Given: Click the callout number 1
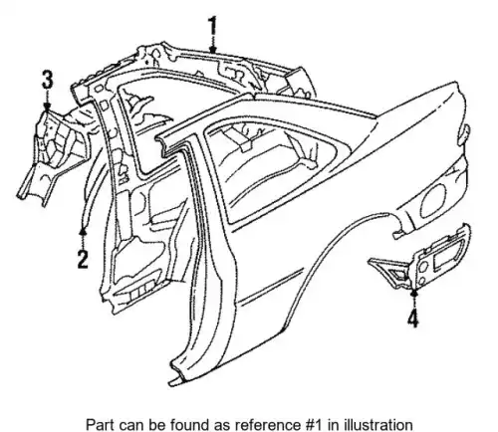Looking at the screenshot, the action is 212,26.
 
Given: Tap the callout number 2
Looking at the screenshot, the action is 83,259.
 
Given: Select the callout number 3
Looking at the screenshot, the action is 47,81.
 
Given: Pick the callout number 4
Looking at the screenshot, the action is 413,320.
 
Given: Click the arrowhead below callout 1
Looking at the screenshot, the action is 213,50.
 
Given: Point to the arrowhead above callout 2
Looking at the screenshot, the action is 83,231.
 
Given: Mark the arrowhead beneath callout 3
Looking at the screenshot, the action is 47,107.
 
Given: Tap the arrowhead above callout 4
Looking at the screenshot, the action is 413,292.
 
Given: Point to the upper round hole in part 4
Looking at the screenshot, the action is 424,267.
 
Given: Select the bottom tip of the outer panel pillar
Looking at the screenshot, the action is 172,384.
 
